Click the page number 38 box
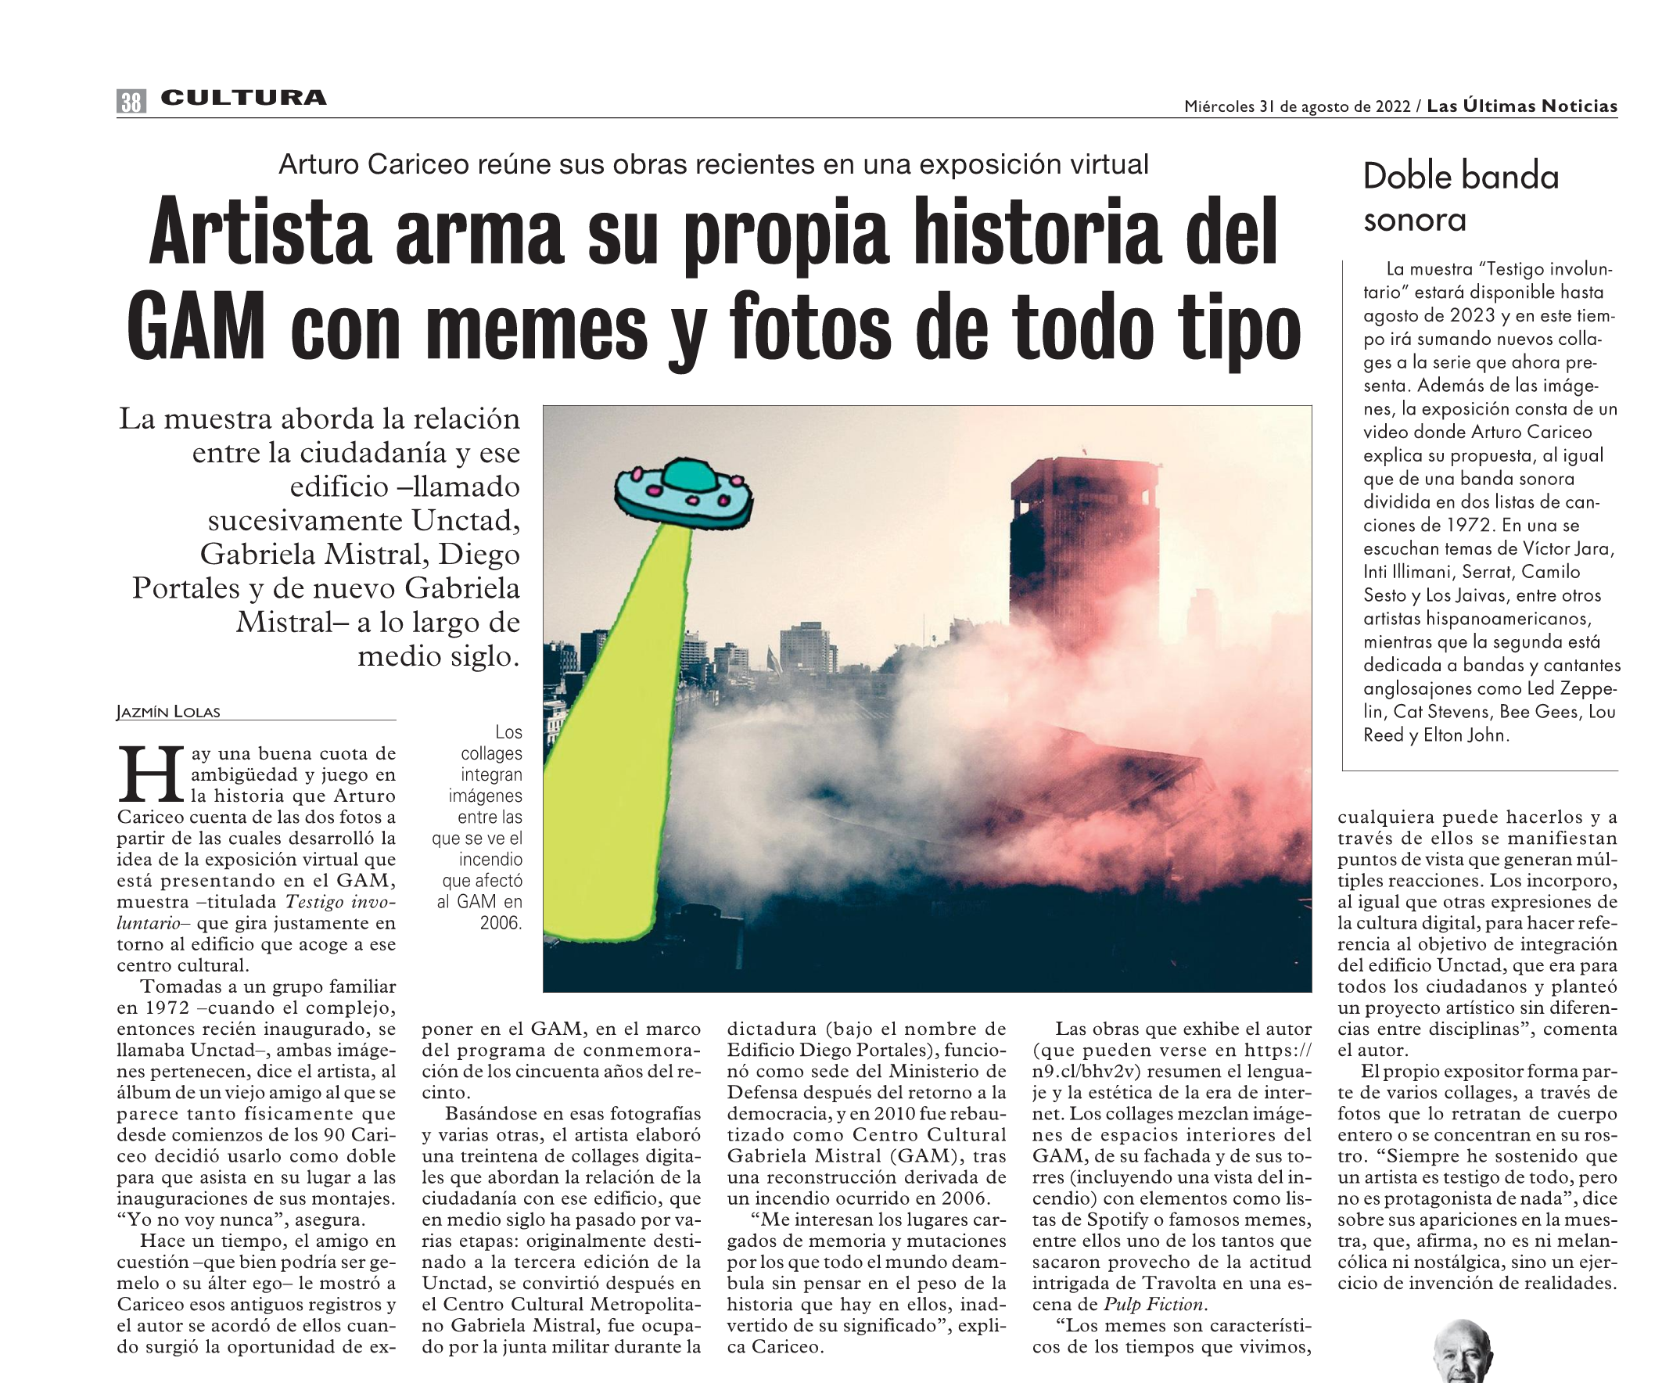131,101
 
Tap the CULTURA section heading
243,98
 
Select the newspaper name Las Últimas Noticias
1521,106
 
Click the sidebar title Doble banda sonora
1460,197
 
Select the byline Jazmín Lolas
168,711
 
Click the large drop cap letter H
152,774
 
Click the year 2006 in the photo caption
501,923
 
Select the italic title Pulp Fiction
1154,1305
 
